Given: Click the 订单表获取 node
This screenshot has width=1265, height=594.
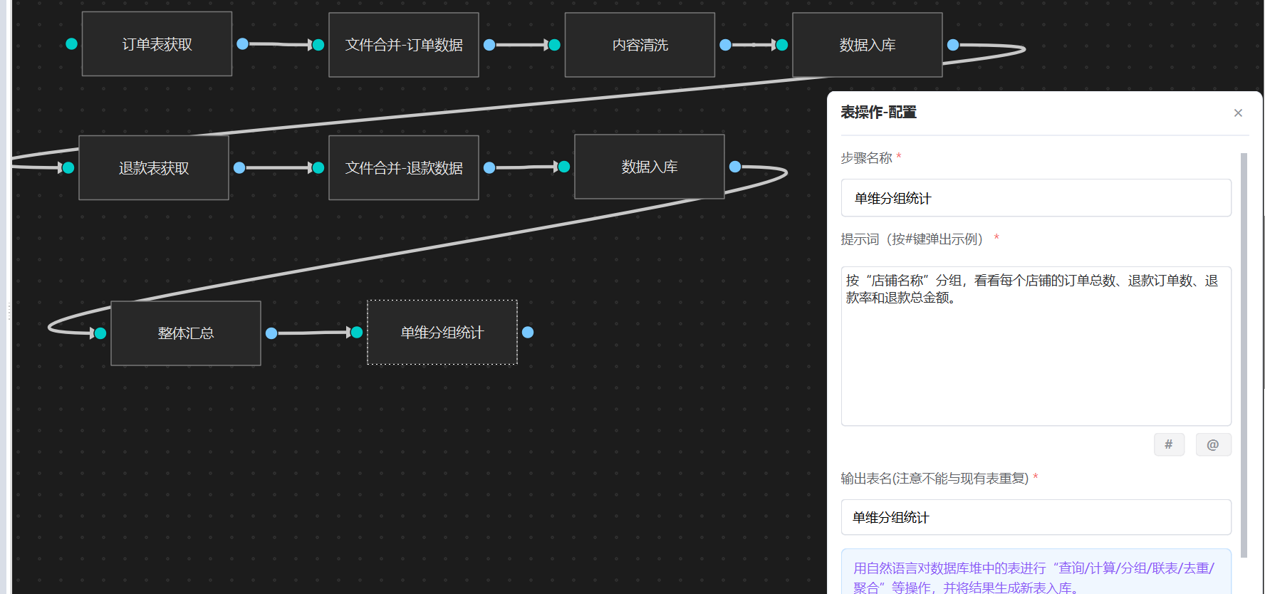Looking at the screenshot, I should click(157, 44).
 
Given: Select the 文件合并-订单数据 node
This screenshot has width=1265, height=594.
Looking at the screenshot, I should click(403, 45).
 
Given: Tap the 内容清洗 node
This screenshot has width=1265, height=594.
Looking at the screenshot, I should click(640, 45).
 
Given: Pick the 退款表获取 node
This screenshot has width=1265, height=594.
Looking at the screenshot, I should click(154, 168).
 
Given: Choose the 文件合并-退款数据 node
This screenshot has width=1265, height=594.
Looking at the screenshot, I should click(403, 168).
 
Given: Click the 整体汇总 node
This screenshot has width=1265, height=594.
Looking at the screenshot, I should click(186, 333).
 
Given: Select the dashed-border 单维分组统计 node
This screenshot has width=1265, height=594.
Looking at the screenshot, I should click(442, 333).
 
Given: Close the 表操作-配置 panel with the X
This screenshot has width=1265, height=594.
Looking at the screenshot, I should click(1238, 113).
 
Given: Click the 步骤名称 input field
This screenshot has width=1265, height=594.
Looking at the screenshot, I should click(1036, 198).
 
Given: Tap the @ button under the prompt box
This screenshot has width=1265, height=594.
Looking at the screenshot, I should click(1213, 444).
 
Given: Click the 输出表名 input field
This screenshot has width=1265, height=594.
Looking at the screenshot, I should click(1036, 517).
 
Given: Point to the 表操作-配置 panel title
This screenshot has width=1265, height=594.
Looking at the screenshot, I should click(878, 113).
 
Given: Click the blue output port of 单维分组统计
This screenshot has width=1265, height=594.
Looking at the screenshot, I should click(528, 332).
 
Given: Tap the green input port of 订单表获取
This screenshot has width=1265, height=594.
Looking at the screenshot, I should click(71, 44).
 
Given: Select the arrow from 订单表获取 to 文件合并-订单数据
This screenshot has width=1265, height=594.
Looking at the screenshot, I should click(280, 44).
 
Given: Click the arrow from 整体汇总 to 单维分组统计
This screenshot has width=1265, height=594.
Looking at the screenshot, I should click(313, 333).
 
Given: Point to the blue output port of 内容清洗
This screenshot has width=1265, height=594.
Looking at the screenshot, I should click(725, 45).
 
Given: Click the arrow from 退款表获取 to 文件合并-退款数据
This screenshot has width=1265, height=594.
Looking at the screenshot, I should click(278, 168).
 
